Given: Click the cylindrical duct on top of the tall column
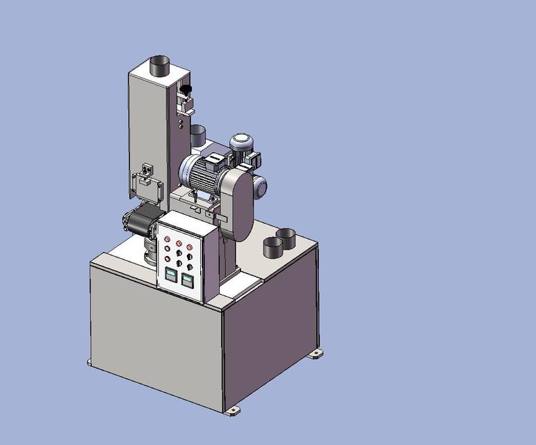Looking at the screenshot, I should pos(161,67).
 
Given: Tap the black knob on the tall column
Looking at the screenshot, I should pos(186,89).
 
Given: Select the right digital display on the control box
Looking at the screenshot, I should pos(187,280).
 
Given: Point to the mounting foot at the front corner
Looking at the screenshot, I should pos(232,410).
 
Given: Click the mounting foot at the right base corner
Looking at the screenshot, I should pos(316,353).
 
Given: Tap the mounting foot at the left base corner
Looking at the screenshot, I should pos(90,362).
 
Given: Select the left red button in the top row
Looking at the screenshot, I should pos(167,241).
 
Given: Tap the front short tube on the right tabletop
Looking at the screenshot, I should pos(273,246).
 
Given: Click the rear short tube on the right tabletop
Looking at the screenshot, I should pos(286,237).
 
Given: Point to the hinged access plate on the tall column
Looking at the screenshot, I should pos(148,185).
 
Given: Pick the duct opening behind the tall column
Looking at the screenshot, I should pos(197,134).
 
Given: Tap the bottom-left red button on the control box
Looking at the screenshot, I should pos(167,259).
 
